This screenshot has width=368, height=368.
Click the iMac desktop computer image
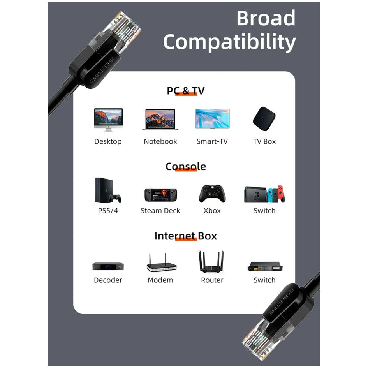coord(108,120)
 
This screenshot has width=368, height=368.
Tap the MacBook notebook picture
coord(160,119)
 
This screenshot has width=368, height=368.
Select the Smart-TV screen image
coord(212,118)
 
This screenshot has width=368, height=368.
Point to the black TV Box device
coord(264,118)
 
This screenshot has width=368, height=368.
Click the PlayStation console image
coord(108,190)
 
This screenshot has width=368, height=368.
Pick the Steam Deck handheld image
coord(160,195)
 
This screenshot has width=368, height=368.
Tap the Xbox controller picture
coord(212,194)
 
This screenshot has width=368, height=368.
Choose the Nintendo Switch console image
coord(264,194)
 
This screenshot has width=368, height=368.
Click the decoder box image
coord(108,266)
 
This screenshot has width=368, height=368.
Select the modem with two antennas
coord(162,262)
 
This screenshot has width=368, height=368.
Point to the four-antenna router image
coord(211,262)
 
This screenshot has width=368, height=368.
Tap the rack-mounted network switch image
coord(265,266)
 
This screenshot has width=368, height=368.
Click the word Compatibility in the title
coord(229,42)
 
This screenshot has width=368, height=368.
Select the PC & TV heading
coord(186,91)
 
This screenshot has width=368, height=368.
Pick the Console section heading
coord(186,166)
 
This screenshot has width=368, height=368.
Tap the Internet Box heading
coord(186,236)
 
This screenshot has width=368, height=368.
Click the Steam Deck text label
coord(160,211)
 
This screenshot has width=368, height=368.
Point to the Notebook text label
coord(160,141)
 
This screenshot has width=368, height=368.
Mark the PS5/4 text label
coord(108,211)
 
